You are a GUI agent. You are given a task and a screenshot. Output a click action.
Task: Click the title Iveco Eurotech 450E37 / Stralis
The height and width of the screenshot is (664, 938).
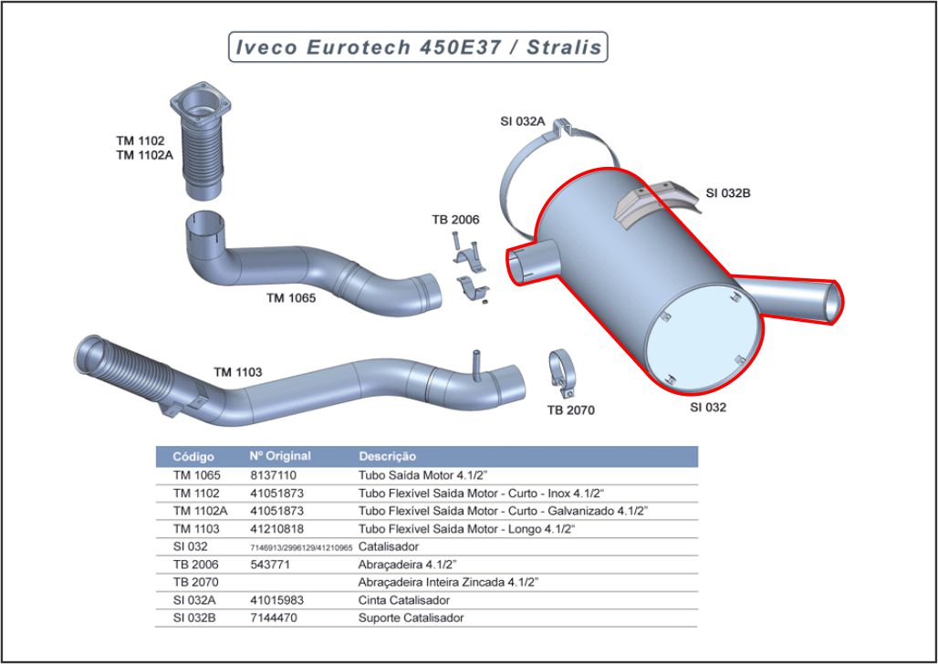(418, 47)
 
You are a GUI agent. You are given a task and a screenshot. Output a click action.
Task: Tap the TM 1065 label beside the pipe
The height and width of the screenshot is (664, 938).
(291, 297)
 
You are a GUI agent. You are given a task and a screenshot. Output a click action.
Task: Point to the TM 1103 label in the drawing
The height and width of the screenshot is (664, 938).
(238, 372)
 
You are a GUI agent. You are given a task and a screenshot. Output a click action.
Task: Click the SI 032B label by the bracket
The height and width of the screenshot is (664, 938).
(728, 192)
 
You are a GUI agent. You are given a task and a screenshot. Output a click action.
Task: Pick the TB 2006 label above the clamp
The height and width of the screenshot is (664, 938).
(455, 220)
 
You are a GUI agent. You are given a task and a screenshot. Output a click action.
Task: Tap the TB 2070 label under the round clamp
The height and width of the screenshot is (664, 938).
(571, 410)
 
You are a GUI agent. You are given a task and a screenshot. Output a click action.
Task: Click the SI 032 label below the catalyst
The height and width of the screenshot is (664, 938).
(708, 407)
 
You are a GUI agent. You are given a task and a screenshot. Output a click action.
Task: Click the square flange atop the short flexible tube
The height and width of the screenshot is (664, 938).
(198, 99)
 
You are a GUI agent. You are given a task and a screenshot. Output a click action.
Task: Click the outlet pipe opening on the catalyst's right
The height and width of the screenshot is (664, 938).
(831, 302)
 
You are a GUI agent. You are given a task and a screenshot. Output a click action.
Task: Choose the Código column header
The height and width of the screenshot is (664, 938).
(193, 456)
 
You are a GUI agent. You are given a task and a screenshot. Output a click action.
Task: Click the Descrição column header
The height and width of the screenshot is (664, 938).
(388, 456)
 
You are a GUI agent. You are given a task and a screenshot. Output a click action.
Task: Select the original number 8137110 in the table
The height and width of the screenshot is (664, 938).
(273, 475)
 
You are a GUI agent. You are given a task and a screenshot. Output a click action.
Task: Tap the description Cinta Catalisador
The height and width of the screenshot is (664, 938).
(404, 600)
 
